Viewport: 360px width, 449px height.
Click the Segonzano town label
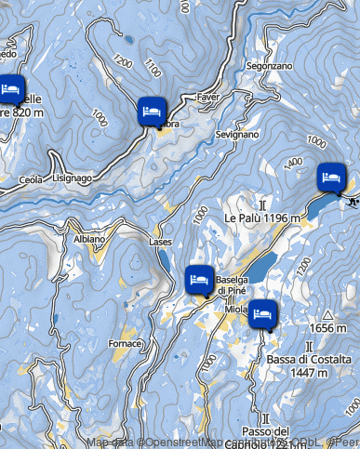[270, 67]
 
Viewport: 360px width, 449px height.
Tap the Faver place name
[208, 97]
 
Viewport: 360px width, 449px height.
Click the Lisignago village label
[72, 177]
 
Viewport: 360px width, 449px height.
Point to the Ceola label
[31, 178]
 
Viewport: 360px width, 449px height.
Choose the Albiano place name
[89, 239]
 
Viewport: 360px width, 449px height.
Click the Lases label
[160, 242]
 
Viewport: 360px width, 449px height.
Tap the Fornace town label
[126, 344]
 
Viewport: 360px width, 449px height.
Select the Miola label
[236, 309]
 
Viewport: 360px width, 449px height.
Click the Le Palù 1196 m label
[263, 218]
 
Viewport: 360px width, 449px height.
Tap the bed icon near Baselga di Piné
[198, 277]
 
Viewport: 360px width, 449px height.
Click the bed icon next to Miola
[262, 312]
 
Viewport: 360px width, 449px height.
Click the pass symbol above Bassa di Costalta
[295, 346]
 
